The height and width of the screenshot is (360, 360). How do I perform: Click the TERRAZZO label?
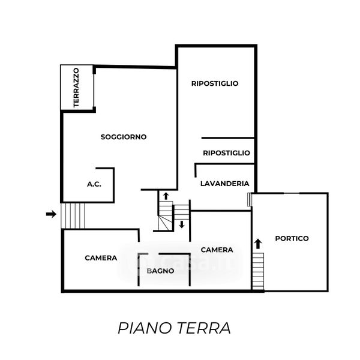click(76, 88)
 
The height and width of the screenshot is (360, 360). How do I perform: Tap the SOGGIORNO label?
click(124, 137)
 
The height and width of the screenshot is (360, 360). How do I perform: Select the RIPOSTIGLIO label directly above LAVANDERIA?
click(226, 153)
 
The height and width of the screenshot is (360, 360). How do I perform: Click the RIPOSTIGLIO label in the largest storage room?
click(215, 83)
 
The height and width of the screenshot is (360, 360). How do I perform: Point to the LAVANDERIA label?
click(225, 184)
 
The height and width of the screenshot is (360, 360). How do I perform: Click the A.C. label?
click(94, 184)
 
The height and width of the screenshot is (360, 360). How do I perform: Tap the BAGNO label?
click(161, 271)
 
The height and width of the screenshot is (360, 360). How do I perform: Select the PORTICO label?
click(292, 238)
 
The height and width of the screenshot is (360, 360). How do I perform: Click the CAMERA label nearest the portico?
click(217, 250)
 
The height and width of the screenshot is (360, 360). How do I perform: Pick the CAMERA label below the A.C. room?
click(101, 258)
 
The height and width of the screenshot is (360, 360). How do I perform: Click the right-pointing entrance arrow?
click(51, 214)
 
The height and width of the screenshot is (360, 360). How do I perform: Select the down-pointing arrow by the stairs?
click(181, 225)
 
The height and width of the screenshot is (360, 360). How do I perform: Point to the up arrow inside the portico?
click(258, 243)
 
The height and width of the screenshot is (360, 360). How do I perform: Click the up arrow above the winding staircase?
click(166, 196)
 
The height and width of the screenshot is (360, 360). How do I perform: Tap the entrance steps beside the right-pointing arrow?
click(74, 216)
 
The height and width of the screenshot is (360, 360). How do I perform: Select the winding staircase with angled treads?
click(163, 217)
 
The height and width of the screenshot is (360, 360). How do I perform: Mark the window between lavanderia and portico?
click(250, 200)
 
